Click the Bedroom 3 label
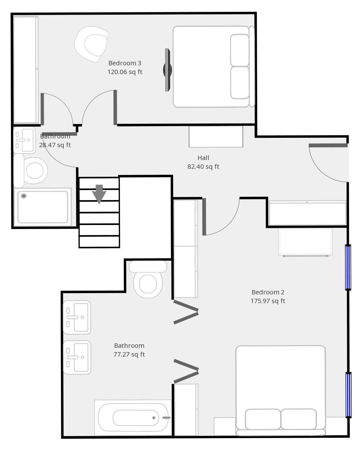(125, 63)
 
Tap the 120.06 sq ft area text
(125, 72)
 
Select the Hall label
(203, 158)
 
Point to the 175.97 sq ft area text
(268, 301)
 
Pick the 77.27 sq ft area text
(129, 354)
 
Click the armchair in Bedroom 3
(92, 44)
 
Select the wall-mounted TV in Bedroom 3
(167, 70)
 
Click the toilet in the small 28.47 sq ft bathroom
(30, 170)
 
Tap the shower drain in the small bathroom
(24, 196)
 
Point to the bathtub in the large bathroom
(133, 417)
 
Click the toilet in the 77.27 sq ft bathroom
(148, 279)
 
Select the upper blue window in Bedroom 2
(348, 267)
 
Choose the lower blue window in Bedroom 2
(348, 395)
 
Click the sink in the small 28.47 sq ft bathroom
(24, 140)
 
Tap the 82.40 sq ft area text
(203, 167)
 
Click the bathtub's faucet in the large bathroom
(166, 417)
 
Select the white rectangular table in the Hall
(216, 137)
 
